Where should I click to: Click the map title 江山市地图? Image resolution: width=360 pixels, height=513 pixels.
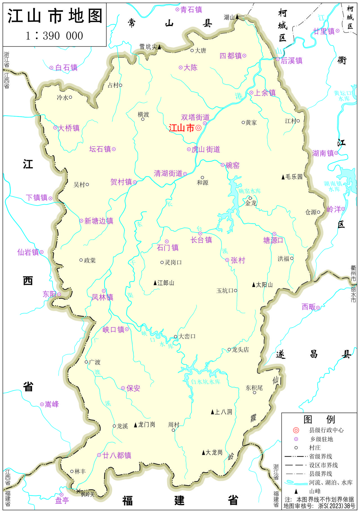click(55, 16)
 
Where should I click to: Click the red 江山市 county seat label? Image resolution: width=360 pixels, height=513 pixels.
click(181, 128)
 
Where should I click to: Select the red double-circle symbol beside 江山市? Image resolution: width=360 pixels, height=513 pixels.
click(199, 128)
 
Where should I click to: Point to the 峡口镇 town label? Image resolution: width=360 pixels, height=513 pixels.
click(113, 330)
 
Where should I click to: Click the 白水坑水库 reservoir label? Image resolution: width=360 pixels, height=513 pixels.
click(206, 382)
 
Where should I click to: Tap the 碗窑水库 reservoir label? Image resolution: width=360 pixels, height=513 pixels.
click(249, 191)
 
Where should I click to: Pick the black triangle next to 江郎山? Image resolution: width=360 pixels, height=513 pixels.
click(155, 283)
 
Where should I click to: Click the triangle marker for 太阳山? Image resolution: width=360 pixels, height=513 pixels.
click(253, 285)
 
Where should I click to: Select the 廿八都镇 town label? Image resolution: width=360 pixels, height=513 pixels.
click(117, 455)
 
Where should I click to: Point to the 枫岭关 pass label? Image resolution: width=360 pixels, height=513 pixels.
click(88, 494)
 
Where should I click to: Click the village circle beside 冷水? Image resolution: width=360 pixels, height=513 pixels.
click(71, 97)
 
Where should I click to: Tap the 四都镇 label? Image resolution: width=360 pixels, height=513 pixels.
click(231, 56)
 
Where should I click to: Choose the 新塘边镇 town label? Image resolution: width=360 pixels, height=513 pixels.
click(99, 221)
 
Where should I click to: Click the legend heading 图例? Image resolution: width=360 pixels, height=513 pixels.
click(319, 420)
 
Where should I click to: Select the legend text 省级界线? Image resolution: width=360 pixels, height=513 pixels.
click(321, 456)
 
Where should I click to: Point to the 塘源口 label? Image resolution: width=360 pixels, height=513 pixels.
click(273, 240)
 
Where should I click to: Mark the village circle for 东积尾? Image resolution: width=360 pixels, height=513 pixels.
click(255, 393)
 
